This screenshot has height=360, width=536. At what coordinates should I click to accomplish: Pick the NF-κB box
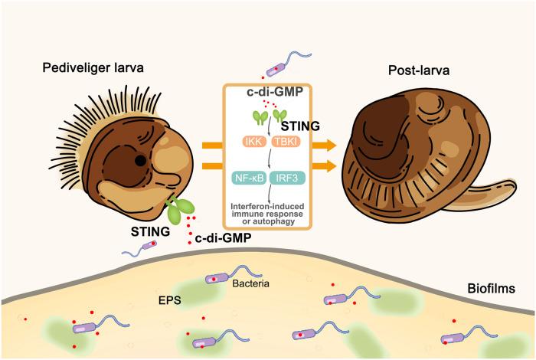coord(249,179)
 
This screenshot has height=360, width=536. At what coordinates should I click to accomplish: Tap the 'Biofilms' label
coord(493,289)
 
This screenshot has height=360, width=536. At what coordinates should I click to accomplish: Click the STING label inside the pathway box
coord(296,124)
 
